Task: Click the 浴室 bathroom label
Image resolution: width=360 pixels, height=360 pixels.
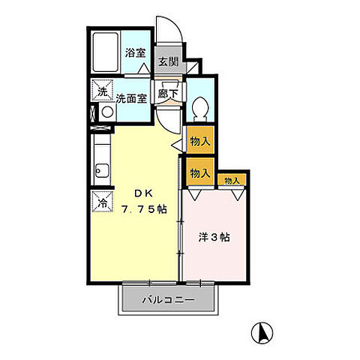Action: (x=135, y=55)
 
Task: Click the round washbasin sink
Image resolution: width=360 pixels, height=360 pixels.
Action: (x=106, y=114)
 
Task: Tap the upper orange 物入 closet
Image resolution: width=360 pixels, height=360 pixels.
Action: (x=199, y=140)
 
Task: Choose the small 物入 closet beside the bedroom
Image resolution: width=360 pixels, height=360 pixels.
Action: (x=231, y=180)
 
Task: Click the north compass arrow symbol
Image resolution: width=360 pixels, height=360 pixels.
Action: (x=263, y=331)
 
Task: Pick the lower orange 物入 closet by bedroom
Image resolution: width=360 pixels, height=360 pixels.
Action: (x=199, y=172)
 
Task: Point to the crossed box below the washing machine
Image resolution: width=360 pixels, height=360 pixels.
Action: (x=93, y=114)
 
